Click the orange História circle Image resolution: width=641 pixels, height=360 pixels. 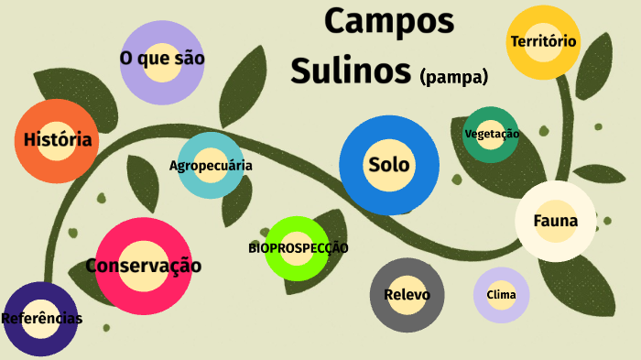pos(57,141)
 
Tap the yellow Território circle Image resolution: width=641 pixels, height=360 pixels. pos(544,41)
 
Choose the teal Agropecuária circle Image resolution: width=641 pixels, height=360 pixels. pos(211,166)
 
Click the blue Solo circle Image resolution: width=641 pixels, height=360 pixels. pos(388,166)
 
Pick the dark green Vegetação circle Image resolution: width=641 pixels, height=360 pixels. pos(491,134)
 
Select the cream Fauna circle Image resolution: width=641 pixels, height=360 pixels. pos(555,221)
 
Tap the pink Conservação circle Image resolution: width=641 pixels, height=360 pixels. pos(143,266)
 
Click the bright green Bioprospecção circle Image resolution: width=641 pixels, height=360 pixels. pos(298,247)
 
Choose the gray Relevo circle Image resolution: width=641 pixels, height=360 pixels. pos(407,295)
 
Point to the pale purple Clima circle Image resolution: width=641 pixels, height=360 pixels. pos(501,295)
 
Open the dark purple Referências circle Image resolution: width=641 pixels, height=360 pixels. pos(40,319)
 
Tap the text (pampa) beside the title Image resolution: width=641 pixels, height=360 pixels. pos(453,76)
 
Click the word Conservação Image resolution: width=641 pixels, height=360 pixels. pos(143,266)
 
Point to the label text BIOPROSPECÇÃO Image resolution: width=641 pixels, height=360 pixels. pos(298,247)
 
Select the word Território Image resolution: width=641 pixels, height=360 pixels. pos(544,41)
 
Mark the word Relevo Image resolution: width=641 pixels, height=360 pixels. pos(407,295)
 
